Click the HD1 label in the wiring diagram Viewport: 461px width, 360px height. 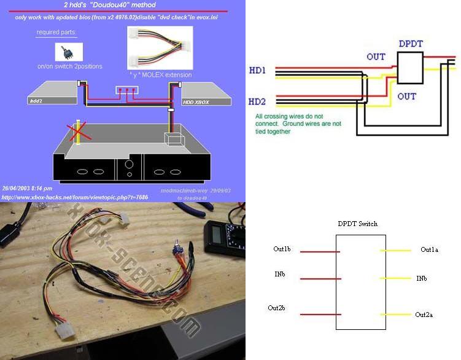click(258, 71)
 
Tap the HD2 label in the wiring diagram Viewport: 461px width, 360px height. click(258, 101)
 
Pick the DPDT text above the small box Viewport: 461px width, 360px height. click(411, 45)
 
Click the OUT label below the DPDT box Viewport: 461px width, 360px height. click(406, 96)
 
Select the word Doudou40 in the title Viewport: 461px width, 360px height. click(123, 5)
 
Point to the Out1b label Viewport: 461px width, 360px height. click(283, 249)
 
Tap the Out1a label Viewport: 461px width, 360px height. click(430, 250)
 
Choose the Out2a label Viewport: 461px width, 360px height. click(424, 315)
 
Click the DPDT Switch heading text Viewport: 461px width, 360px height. click(357, 224)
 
